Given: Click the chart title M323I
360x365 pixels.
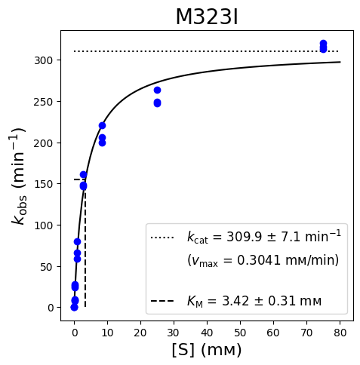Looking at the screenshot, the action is [207, 17].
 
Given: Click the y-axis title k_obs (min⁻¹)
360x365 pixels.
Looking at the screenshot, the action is [18, 176].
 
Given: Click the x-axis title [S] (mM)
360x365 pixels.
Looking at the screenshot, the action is [207, 350].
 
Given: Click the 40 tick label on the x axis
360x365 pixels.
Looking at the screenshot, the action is [207, 333].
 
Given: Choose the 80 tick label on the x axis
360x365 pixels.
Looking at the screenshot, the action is [340, 333].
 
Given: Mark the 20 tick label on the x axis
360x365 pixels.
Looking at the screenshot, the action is [140, 333].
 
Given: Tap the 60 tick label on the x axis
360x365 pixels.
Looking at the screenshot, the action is [273, 333].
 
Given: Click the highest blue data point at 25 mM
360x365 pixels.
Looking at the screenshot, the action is [157, 90].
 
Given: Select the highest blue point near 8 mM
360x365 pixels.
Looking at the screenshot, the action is [102, 125].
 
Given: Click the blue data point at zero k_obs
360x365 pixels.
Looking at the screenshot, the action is [74, 307].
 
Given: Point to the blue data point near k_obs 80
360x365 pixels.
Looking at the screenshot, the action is [77, 241].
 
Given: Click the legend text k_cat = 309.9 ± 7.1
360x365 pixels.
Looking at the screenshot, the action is [264, 237].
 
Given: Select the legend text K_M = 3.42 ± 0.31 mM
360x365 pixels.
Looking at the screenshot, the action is [254, 301].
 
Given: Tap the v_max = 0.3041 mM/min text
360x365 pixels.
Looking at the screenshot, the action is [263, 260].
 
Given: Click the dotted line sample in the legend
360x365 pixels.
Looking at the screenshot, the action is [162, 238].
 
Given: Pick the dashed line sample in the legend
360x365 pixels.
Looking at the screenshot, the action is [162, 301].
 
